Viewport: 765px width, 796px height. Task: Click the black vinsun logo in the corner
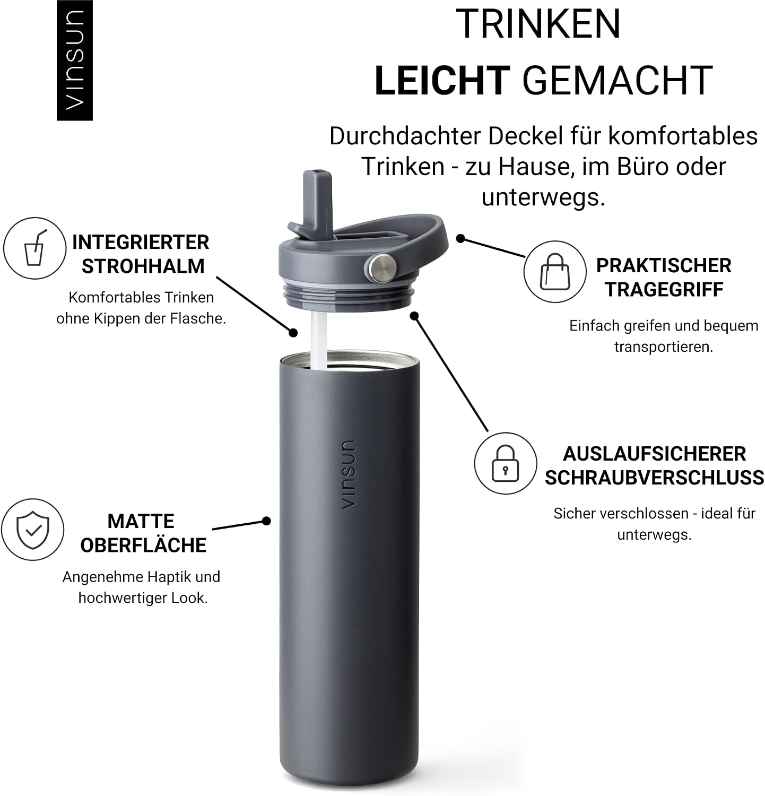click(75, 60)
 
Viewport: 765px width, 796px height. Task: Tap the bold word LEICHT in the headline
click(442, 80)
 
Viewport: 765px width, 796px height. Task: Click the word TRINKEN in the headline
click(538, 24)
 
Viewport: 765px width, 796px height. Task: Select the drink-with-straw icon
click(35, 248)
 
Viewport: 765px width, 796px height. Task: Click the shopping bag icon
click(555, 271)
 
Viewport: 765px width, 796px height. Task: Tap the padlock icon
click(505, 463)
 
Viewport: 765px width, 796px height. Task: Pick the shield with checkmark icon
click(33, 529)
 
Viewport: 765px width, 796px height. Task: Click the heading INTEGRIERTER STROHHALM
click(141, 254)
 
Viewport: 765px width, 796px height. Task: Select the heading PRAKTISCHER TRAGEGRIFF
click(664, 278)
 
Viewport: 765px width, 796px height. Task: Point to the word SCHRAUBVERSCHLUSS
click(655, 478)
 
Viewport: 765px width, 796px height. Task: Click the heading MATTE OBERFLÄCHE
click(143, 533)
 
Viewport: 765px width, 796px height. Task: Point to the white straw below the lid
click(319, 340)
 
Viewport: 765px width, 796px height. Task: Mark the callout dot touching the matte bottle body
click(267, 521)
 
